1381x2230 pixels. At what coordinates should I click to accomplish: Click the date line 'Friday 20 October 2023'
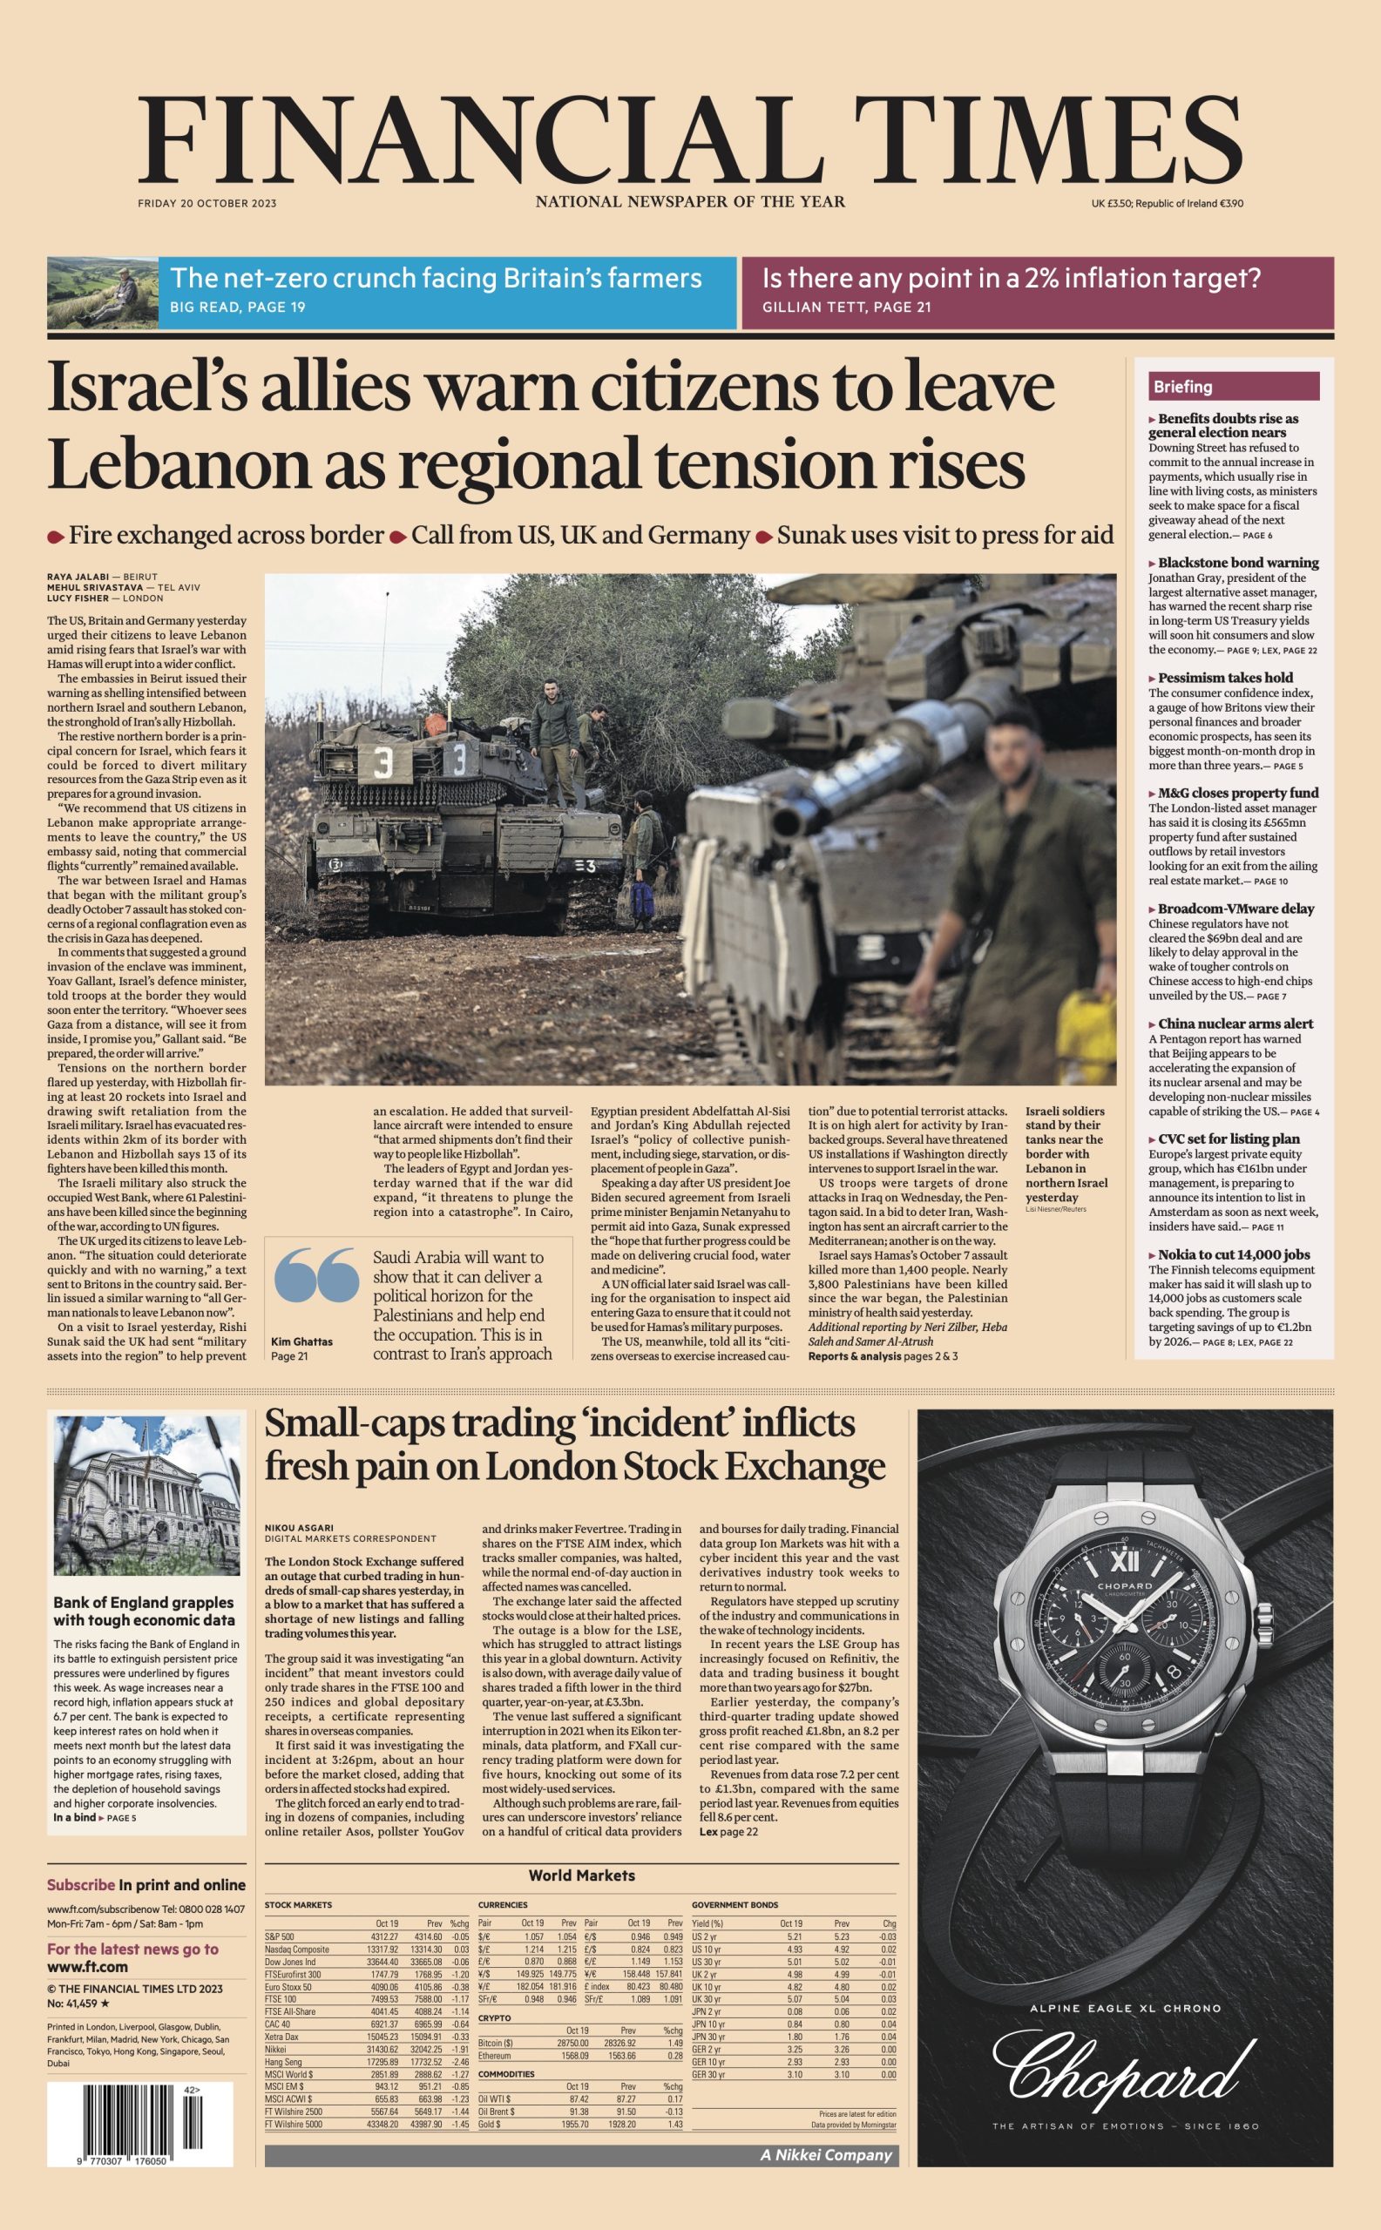tap(207, 203)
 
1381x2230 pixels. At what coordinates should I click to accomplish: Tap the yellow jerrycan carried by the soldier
tap(1086, 1037)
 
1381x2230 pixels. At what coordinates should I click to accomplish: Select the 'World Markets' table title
tap(581, 1875)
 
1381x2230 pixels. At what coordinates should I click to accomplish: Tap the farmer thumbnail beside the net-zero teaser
tap(102, 292)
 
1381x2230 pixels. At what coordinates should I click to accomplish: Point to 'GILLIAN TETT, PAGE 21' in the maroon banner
tap(847, 307)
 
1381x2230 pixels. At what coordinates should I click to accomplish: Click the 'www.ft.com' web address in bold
tap(88, 1967)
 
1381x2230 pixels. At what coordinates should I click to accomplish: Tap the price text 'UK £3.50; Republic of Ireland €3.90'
tap(1167, 203)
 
